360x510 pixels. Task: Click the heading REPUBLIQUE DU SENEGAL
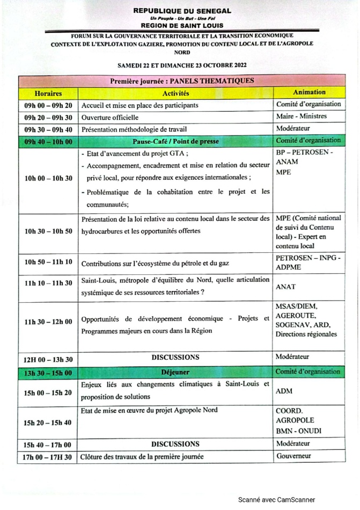click(182, 11)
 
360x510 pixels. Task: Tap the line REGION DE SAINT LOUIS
click(182, 25)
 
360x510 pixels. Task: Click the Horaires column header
click(48, 93)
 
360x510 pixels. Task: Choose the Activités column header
click(175, 93)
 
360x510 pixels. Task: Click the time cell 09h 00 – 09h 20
click(48, 105)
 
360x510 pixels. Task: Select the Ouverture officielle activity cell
click(110, 117)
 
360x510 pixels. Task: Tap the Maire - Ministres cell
click(301, 116)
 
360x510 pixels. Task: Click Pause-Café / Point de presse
click(175, 142)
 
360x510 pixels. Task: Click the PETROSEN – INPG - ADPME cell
click(307, 261)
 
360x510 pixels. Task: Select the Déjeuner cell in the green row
click(175, 371)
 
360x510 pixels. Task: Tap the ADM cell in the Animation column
click(284, 391)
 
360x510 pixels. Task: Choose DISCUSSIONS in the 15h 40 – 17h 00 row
click(175, 444)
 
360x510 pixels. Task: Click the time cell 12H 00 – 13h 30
click(48, 358)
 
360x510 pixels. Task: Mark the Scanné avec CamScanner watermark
click(277, 499)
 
